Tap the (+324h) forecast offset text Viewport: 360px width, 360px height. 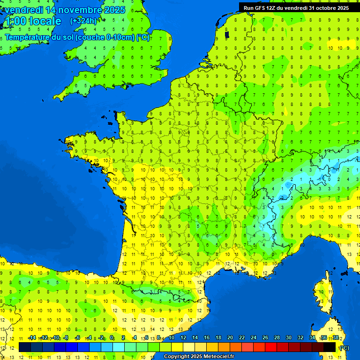83,21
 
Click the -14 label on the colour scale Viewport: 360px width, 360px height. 32,337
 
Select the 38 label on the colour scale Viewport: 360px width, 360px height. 335,337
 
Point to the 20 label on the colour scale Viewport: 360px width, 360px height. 230,337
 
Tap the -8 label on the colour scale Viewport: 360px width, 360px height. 66,337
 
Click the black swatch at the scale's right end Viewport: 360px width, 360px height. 330,347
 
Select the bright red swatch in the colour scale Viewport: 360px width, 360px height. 271,347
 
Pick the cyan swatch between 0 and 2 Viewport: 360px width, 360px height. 119,347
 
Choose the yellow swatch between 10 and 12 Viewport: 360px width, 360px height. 177,347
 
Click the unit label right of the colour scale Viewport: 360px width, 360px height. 344,347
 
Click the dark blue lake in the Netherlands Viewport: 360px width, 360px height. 227,35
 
